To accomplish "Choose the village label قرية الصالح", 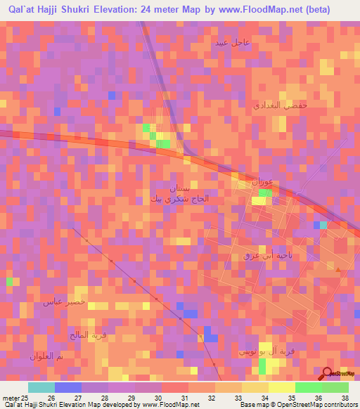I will pyautogui.click(x=87, y=335).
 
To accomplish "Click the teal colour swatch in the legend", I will pyautogui.click(x=41, y=387).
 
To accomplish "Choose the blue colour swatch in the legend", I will pyautogui.click(x=68, y=387).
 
